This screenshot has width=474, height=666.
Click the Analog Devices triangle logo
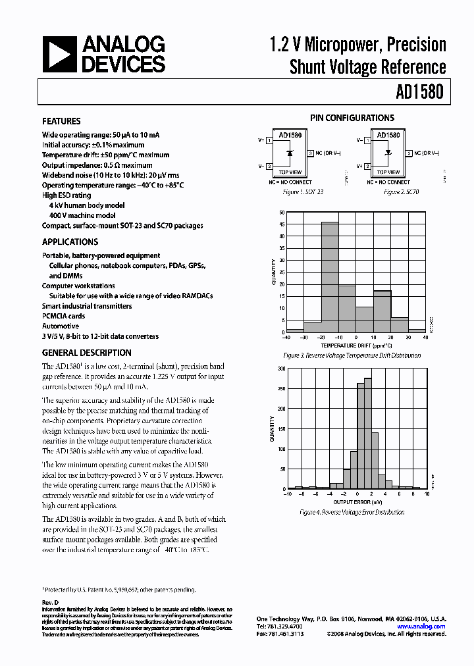pyautogui.click(x=60, y=54)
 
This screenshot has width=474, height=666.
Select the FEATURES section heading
pyautogui.click(x=61, y=122)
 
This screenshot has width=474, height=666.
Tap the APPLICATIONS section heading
pyautogui.click(x=70, y=242)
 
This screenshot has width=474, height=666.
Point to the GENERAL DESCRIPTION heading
pyautogui.click(x=86, y=353)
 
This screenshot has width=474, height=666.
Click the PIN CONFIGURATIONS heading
pyautogui.click(x=352, y=118)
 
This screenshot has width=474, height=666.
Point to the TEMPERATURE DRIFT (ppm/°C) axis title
pyautogui.click(x=355, y=346)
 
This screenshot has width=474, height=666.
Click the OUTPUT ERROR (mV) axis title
pyautogui.click(x=356, y=501)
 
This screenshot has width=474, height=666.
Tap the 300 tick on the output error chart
pyautogui.click(x=282, y=369)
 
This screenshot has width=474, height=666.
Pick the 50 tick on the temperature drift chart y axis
pyautogui.click(x=282, y=213)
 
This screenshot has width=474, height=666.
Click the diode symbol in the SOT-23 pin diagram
pyautogui.click(x=291, y=153)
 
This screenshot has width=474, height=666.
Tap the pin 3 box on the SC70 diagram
pyautogui.click(x=409, y=153)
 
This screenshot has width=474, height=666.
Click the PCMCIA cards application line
pyautogui.click(x=64, y=316)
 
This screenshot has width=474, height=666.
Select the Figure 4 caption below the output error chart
pyautogui.click(x=352, y=512)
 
